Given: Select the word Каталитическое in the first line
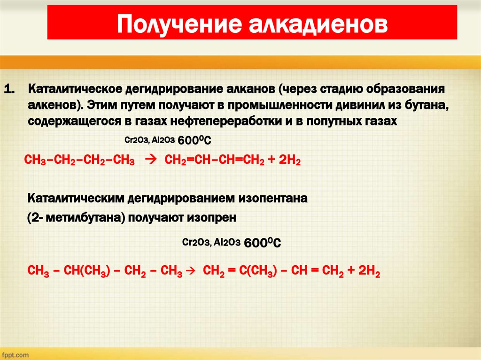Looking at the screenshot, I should coord(75,89).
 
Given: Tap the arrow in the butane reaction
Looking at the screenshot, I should coord(151,160).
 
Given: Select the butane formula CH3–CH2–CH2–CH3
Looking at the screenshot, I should coord(79,161).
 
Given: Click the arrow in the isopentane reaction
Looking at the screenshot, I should coord(191,271).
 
